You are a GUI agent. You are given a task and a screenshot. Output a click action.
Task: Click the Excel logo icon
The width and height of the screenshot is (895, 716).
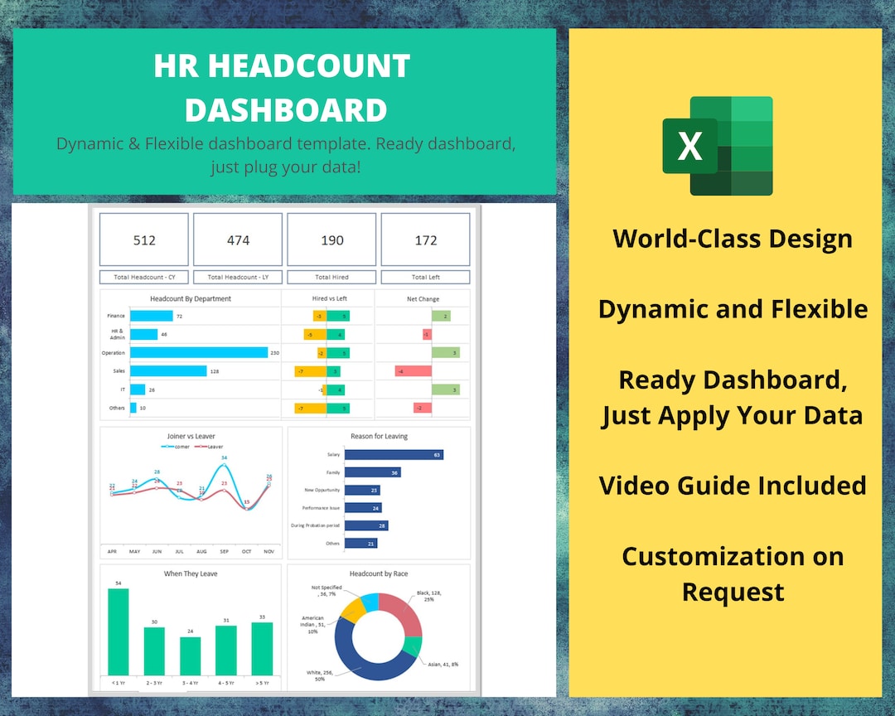[x=718, y=146]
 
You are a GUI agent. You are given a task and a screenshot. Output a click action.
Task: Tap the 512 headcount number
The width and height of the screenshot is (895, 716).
[x=144, y=240]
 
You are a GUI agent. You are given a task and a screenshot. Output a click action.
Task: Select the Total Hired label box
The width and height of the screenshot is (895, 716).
[x=331, y=278]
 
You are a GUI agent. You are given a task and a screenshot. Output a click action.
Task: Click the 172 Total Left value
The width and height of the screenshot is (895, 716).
[x=425, y=240]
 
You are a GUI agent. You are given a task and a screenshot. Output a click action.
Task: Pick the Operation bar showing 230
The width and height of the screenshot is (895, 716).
[x=199, y=352]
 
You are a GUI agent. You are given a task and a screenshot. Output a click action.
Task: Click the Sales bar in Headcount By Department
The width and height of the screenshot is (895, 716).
[x=168, y=371]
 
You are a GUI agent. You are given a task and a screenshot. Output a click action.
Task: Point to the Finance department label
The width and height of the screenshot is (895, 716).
[x=115, y=316]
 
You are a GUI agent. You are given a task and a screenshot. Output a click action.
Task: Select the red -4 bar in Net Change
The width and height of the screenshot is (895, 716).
[x=413, y=371]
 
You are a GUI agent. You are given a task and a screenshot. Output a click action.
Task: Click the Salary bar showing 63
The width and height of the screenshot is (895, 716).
[x=393, y=455]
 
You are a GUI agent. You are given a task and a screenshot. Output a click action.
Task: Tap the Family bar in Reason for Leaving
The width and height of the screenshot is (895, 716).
[x=372, y=472]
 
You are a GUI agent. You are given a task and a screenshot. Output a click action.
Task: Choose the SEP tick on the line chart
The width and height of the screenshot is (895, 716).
[x=224, y=551]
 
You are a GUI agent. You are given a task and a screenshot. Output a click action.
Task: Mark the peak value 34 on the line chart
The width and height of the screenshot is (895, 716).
[x=224, y=457]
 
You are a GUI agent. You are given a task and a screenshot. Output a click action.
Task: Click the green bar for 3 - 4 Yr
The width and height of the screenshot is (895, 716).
[x=191, y=656]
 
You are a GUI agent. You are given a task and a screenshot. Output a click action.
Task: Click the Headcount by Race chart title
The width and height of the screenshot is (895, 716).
[x=378, y=573]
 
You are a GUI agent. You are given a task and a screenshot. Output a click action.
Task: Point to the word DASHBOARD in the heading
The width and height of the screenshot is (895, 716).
[x=285, y=110]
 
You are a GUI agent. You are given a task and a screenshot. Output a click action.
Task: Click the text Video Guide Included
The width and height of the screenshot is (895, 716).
[x=733, y=485]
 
